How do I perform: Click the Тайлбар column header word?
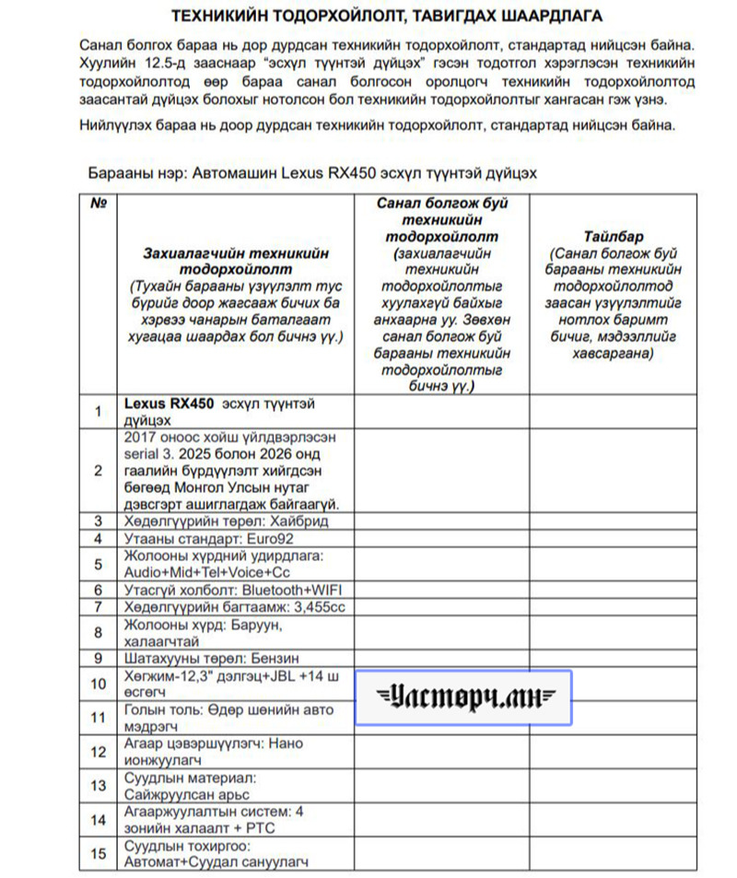click(613, 236)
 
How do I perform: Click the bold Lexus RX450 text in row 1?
click(169, 404)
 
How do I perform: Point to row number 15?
click(99, 853)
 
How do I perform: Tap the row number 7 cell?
click(99, 606)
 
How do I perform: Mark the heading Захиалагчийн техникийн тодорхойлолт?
click(236, 260)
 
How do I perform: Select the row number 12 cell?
click(99, 752)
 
